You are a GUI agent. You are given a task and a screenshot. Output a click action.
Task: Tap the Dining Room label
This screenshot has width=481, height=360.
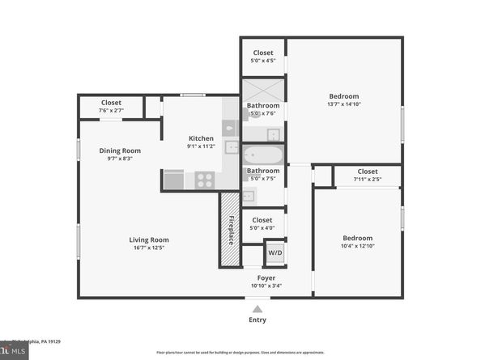(x=120, y=150)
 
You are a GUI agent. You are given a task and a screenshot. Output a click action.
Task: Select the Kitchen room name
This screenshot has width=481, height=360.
(x=201, y=138)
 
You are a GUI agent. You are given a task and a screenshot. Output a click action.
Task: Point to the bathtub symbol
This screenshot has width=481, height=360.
(x=262, y=155)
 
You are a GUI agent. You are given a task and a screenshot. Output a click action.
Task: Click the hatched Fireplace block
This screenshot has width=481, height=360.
(x=230, y=230)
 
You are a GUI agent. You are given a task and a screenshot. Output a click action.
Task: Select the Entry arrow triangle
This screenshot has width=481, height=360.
(x=258, y=309)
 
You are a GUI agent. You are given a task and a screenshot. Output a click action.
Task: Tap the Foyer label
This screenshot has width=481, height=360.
(x=266, y=278)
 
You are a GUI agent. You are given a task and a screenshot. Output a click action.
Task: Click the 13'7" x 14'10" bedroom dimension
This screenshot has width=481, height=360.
(x=343, y=104)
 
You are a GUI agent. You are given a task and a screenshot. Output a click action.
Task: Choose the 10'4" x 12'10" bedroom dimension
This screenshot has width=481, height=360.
(x=357, y=246)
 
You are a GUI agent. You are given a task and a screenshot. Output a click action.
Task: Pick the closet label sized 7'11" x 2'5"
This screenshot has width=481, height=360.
(x=368, y=179)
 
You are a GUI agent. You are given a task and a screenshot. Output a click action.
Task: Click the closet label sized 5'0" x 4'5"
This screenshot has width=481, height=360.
(x=262, y=60)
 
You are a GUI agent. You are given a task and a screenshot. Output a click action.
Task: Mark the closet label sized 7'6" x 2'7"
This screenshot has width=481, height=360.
(x=111, y=110)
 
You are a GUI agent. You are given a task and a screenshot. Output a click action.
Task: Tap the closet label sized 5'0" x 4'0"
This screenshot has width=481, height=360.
(x=262, y=227)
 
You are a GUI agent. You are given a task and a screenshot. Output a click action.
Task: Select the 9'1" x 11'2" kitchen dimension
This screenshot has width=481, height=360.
(x=201, y=146)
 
